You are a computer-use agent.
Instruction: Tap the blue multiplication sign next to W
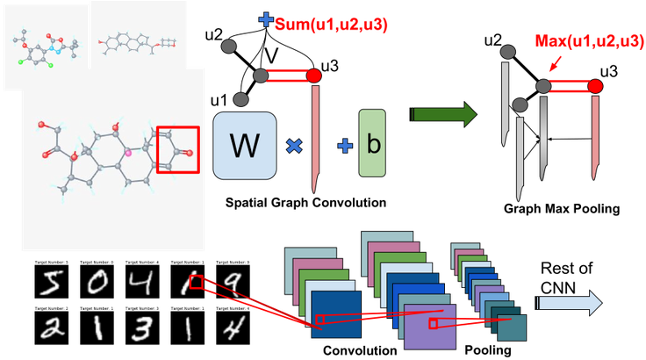(293, 146)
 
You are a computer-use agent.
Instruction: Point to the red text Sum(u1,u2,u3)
(332, 25)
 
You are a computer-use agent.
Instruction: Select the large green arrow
(444, 113)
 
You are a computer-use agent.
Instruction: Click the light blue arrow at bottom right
(570, 303)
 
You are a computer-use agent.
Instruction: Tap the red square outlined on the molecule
(178, 149)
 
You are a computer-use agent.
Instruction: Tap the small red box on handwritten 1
(197, 282)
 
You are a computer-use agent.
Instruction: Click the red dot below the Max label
(595, 86)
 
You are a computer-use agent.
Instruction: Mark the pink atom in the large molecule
(127, 154)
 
